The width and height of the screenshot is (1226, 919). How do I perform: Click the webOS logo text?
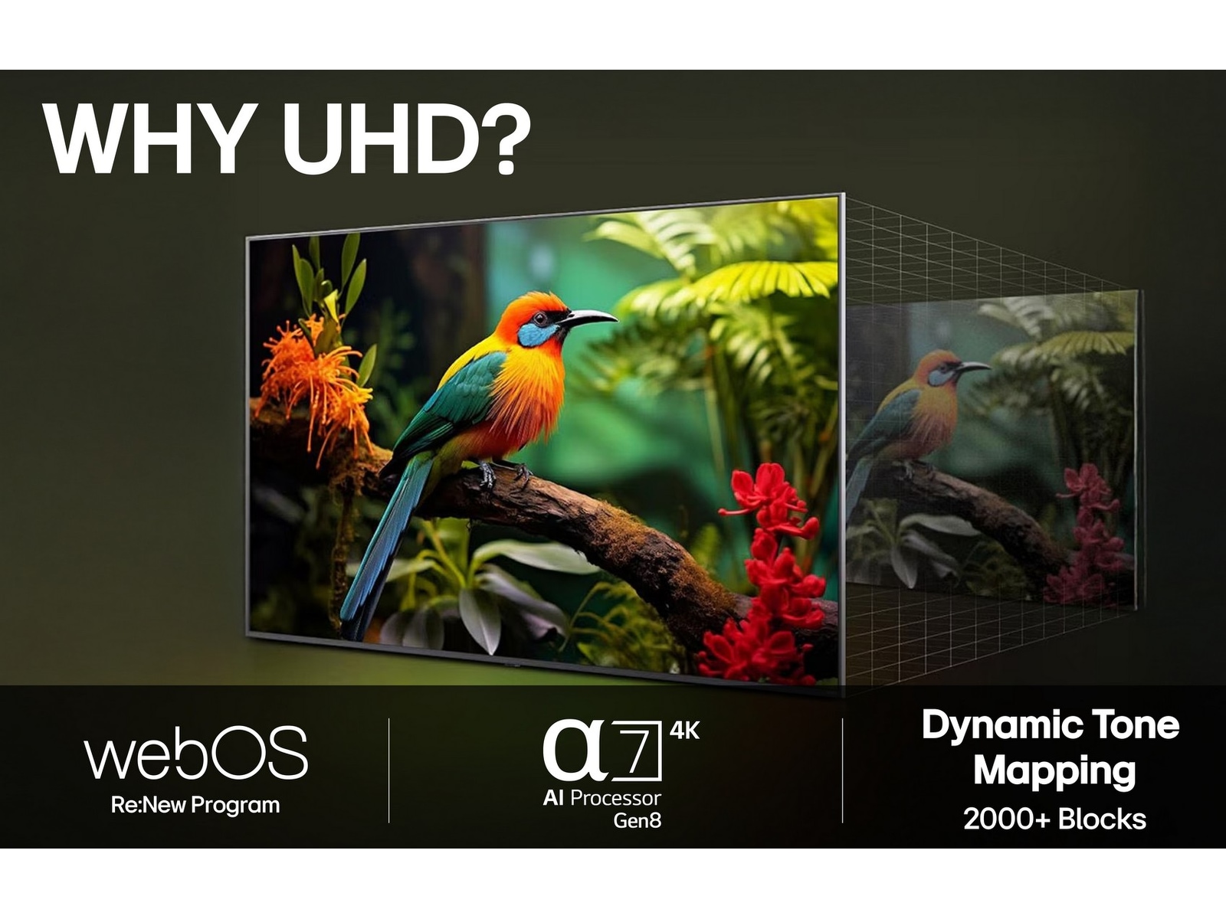[195, 754]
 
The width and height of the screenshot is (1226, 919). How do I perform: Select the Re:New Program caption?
[195, 806]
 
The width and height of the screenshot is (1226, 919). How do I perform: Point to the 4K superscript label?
[684, 731]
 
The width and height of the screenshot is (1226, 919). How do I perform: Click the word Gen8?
[637, 821]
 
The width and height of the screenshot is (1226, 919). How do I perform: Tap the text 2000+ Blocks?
[1054, 819]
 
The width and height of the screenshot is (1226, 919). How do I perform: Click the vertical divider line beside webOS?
[389, 770]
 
